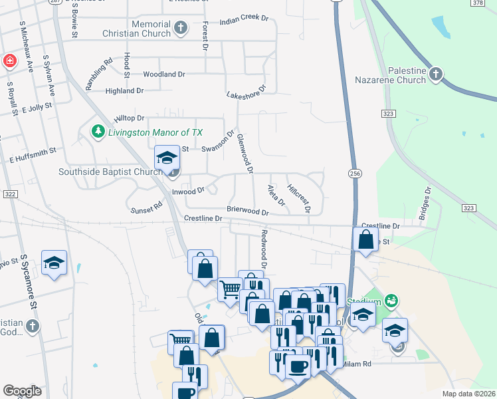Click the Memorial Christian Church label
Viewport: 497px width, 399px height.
point(142,29)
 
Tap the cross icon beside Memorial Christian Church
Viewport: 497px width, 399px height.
point(181,28)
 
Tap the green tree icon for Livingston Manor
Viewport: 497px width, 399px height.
point(98,131)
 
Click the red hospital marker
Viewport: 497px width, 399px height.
point(10,62)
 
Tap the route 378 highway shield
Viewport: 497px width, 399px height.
point(478,3)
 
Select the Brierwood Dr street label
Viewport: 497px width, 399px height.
point(247,211)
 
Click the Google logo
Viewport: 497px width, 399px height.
point(23,391)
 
